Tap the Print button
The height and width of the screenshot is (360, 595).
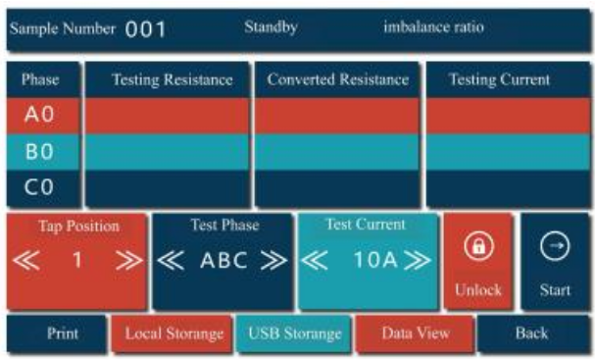63,334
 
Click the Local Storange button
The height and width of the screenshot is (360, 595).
174,334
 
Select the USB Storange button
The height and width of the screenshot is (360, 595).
294,334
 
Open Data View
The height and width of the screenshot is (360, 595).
416,334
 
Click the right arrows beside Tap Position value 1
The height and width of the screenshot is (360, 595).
128,261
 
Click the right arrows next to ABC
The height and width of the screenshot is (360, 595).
273,262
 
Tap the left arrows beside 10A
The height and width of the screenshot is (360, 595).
316,262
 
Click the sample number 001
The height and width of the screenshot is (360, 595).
145,29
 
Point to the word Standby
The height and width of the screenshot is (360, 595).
270,27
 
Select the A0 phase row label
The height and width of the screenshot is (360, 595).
40,116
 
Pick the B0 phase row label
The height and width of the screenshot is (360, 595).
40,151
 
